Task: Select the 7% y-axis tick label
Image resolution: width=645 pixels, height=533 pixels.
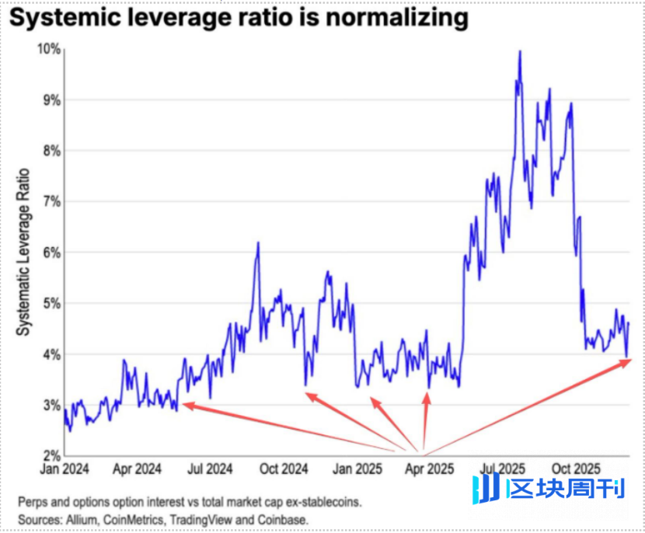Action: pos(51,201)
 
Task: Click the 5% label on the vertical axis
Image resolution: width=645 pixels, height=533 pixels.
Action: pos(51,303)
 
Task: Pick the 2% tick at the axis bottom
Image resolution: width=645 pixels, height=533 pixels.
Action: pos(51,455)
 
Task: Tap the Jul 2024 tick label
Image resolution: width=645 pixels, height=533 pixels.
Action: pos(210,469)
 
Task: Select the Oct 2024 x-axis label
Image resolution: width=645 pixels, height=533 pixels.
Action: pos(283,469)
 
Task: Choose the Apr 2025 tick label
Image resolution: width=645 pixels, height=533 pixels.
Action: pos(429,469)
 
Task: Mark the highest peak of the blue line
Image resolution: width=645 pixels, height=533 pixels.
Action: pos(519,51)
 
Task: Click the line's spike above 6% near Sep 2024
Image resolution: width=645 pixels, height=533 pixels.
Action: pos(257,243)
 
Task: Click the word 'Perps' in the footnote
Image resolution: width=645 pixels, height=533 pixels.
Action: pos(32,501)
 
